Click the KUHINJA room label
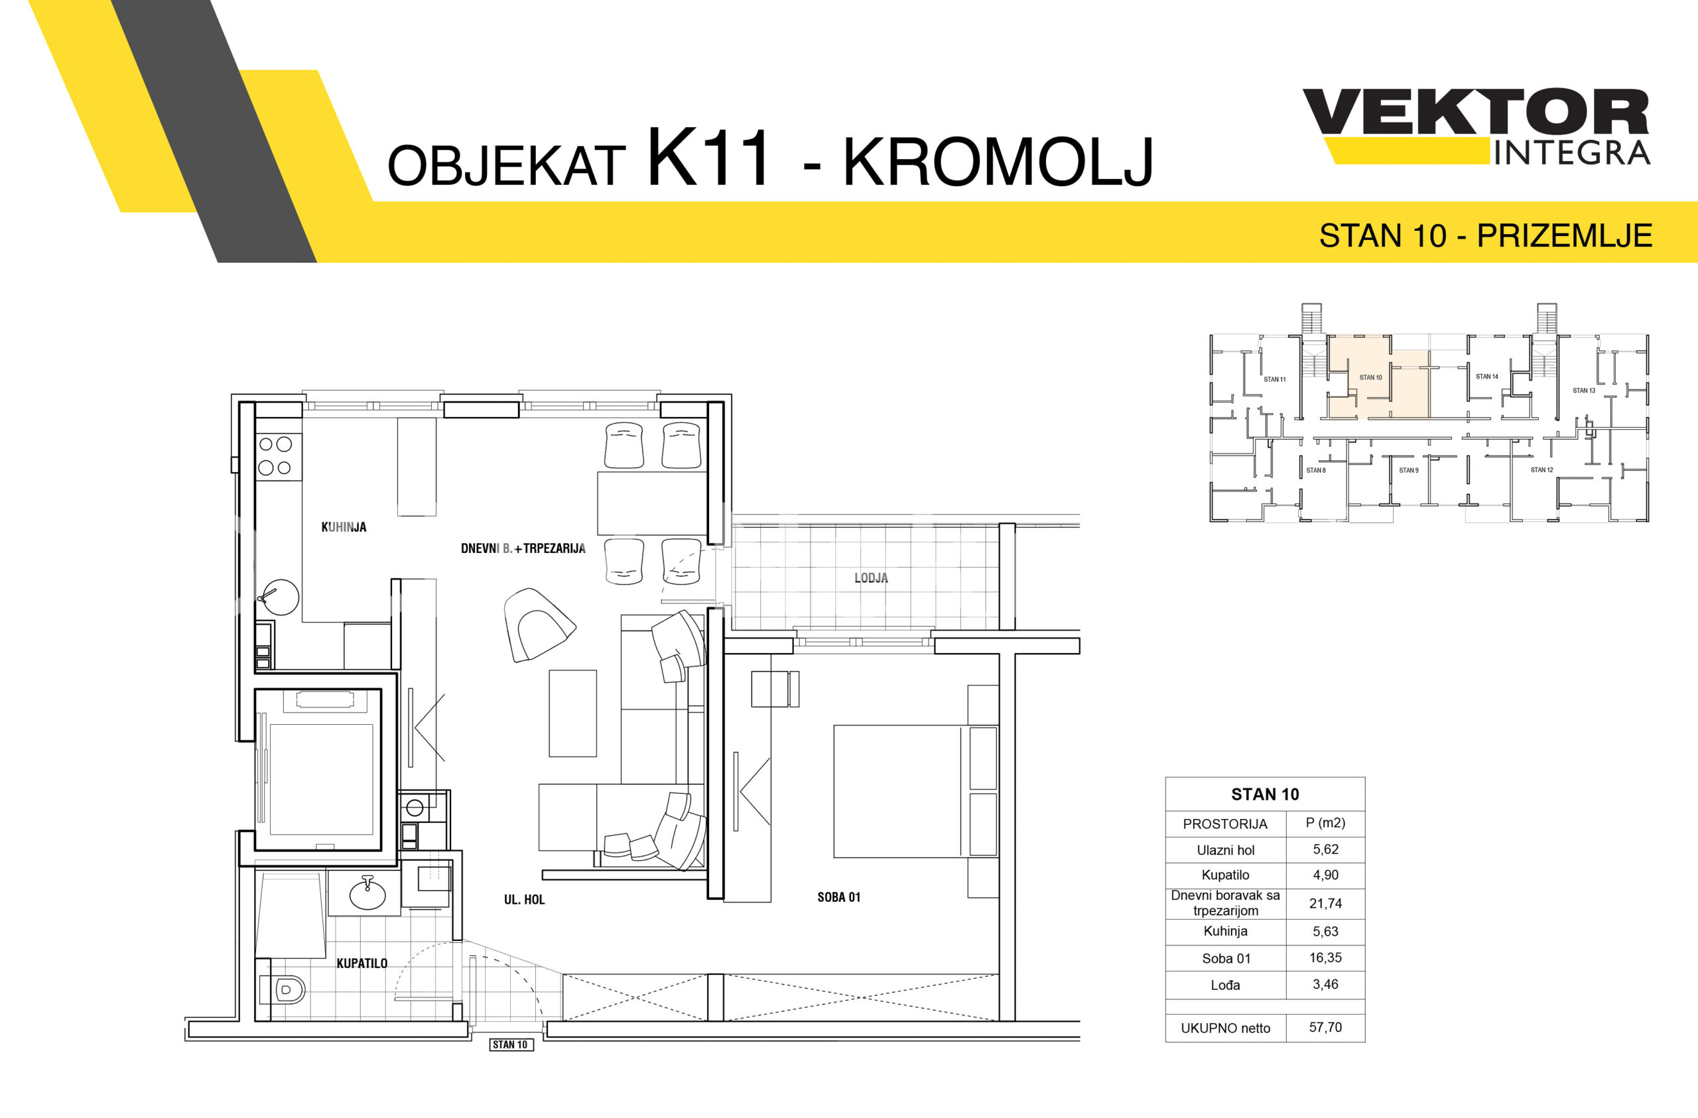[x=343, y=527]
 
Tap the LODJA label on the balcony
[x=871, y=578]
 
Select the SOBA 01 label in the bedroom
[x=839, y=898]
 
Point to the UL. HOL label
[x=525, y=900]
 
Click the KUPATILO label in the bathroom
[x=361, y=963]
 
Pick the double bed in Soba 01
[x=915, y=791]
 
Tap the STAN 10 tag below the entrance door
[x=510, y=1044]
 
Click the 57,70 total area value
[x=1325, y=1026]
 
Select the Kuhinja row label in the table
[x=1225, y=931]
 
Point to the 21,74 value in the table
[x=1325, y=903]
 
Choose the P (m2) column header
[x=1325, y=823]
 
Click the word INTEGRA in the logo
[x=1572, y=153]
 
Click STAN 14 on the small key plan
[x=1487, y=377]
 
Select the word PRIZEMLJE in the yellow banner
[x=1565, y=235]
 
